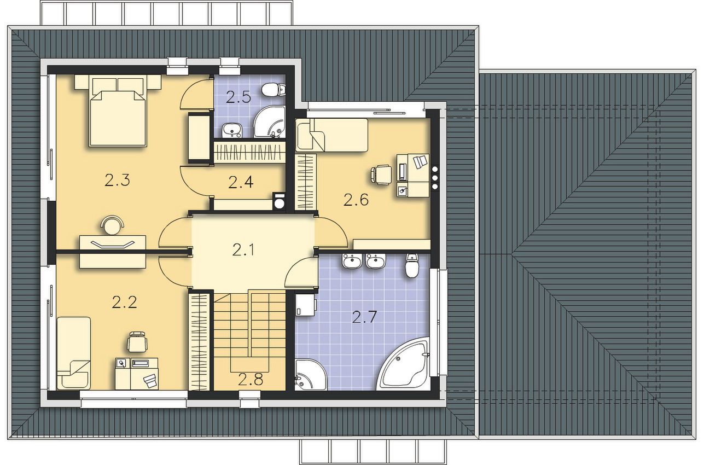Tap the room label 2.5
(x=238, y=97)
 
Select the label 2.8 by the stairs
(x=251, y=380)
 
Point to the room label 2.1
(x=243, y=250)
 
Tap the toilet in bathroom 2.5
(x=273, y=90)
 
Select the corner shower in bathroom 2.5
(x=269, y=122)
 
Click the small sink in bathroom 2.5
(x=231, y=130)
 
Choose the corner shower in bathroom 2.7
(x=311, y=374)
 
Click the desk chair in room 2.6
(x=381, y=175)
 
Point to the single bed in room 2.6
(x=331, y=135)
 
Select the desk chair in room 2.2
(x=137, y=341)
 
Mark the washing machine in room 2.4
(x=279, y=201)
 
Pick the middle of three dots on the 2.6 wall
(x=435, y=178)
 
